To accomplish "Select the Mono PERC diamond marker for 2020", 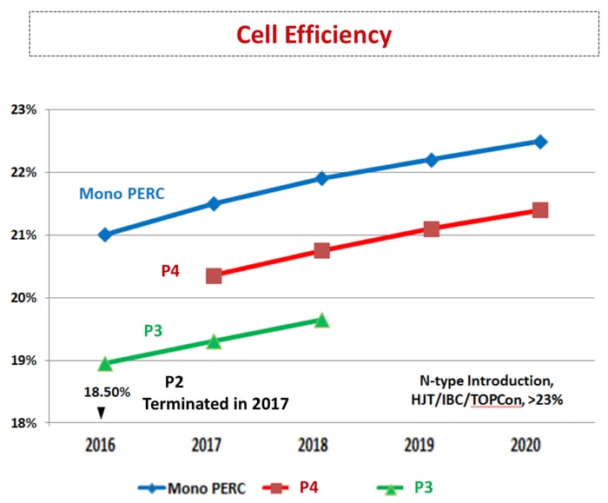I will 539,142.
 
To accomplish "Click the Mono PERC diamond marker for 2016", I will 105,235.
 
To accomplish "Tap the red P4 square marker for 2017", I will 214,276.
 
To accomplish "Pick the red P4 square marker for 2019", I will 431,228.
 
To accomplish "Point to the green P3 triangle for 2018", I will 321,320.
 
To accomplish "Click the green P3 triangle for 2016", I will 105,363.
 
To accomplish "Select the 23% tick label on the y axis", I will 23,110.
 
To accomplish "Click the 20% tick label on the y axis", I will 23,298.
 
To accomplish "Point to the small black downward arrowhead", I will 100,413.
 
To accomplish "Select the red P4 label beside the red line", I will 171,270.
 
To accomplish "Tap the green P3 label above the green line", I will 154,331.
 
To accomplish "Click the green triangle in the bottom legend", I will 392,487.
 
